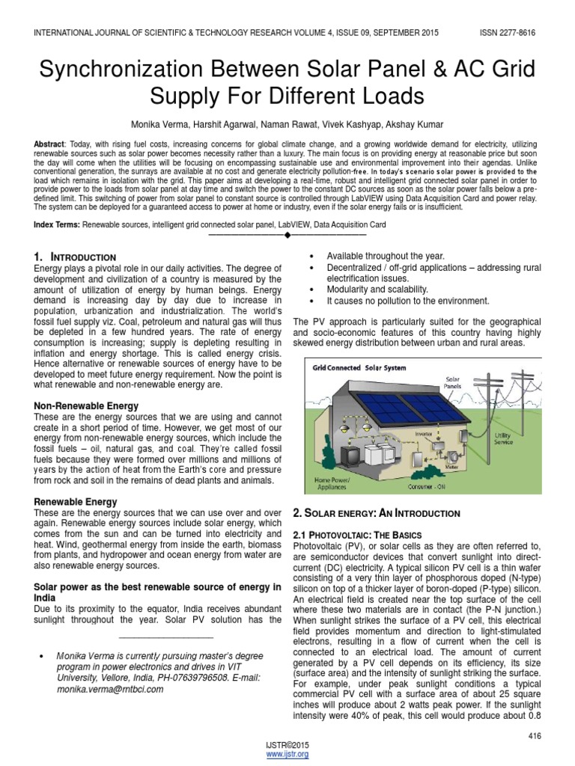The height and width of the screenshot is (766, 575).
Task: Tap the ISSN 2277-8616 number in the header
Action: coord(508,33)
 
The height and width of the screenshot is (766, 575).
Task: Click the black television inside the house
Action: coord(350,454)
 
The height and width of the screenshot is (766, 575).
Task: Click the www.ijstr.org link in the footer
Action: coord(287,755)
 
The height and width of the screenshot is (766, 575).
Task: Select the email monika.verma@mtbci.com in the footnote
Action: coord(109,689)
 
